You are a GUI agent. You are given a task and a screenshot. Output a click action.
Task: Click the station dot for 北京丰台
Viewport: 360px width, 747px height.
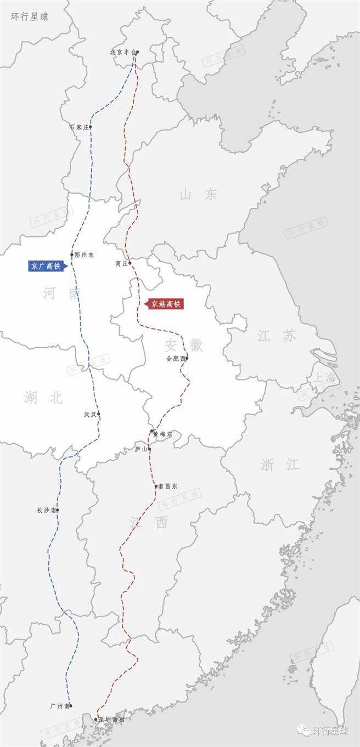click(137, 53)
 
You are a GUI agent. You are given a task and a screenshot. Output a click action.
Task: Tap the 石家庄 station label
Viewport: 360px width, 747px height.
click(78, 127)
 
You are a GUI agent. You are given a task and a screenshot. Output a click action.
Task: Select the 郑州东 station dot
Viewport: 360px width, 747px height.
click(72, 254)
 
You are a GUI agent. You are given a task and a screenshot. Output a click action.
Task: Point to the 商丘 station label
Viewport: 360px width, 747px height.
click(121, 263)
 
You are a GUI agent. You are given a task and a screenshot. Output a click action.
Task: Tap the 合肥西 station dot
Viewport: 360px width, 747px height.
click(187, 359)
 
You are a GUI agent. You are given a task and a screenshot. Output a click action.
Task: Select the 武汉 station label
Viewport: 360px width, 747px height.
click(89, 414)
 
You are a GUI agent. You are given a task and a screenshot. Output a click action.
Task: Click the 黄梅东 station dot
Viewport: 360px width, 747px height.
click(151, 432)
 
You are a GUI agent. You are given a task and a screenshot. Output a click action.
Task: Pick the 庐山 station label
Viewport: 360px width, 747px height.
click(140, 449)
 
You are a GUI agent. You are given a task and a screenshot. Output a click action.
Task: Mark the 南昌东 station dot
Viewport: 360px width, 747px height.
click(156, 486)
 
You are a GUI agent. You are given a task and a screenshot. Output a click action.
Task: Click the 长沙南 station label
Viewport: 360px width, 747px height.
click(46, 510)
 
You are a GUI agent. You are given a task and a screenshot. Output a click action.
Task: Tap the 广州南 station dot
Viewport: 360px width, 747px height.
click(71, 706)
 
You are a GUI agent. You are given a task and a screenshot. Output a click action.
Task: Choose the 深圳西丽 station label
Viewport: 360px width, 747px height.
click(111, 719)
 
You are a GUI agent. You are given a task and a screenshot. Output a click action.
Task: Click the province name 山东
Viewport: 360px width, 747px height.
click(198, 194)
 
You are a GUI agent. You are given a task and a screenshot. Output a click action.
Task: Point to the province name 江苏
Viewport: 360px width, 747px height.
click(277, 336)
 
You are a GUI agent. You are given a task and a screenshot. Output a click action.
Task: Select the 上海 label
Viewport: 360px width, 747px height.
click(323, 378)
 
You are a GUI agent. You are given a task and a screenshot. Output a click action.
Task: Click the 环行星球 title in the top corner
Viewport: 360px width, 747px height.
click(30, 16)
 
